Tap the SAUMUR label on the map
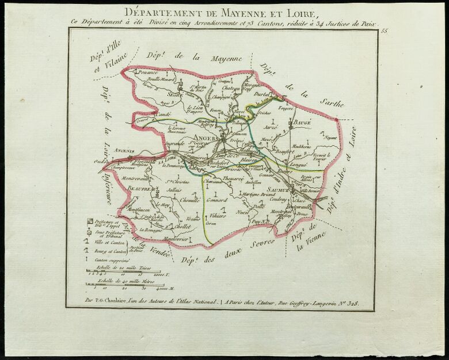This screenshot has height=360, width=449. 276,190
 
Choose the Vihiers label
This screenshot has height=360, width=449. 216,215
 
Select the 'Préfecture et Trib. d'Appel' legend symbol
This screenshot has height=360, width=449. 89,221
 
